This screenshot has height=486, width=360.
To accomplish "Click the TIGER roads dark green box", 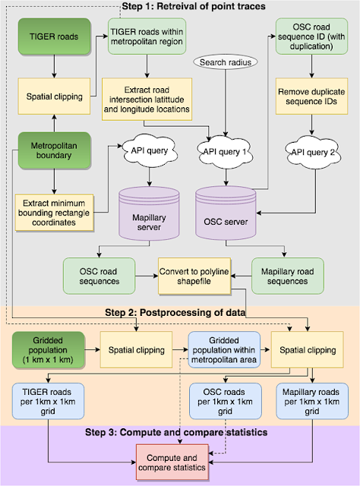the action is pyautogui.click(x=54, y=36).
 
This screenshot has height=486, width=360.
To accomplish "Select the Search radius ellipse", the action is pyautogui.click(x=226, y=62).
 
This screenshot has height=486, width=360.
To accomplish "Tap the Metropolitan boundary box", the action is pyautogui.click(x=54, y=150).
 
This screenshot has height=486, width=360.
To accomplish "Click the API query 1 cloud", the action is pyautogui.click(x=225, y=151).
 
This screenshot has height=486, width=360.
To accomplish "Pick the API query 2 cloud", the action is pyautogui.click(x=313, y=152).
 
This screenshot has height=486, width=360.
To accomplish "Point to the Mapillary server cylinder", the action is pyautogui.click(x=149, y=213).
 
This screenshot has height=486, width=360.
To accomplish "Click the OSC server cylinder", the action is pyautogui.click(x=226, y=213).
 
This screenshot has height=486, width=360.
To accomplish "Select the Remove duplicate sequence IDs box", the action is pyautogui.click(x=311, y=96).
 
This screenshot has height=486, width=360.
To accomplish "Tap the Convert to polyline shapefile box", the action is pyautogui.click(x=194, y=276).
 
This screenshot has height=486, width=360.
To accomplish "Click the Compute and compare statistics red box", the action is pyautogui.click(x=172, y=462).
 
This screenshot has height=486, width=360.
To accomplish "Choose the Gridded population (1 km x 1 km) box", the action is pyautogui.click(x=48, y=350).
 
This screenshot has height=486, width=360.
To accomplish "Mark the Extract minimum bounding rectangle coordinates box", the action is pyautogui.click(x=54, y=213).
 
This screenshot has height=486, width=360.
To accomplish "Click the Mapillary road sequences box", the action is pyautogui.click(x=288, y=276).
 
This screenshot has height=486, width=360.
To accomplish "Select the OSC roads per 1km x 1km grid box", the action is pyautogui.click(x=226, y=401).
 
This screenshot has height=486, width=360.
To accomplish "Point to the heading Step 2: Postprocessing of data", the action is pyautogui.click(x=175, y=312).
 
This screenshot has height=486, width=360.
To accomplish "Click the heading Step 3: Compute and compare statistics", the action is pyautogui.click(x=176, y=432).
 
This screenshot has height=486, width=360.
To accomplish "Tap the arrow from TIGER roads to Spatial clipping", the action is pyautogui.click(x=54, y=67).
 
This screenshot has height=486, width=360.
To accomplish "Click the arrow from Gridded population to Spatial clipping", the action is pyautogui.click(x=93, y=350).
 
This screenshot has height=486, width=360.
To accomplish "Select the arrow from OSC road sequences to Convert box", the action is pyautogui.click(x=147, y=276).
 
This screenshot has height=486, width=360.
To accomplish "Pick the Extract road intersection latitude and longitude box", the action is pyautogui.click(x=147, y=99).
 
